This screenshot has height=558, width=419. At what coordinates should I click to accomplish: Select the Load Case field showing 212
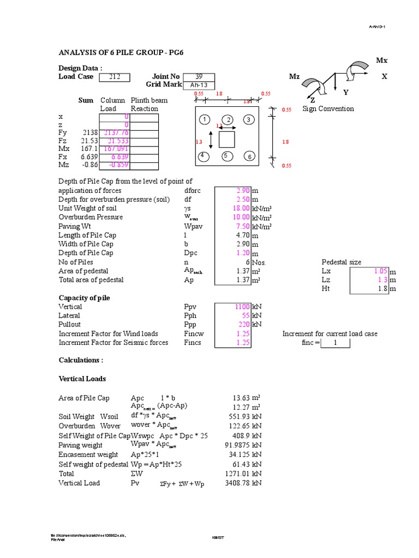(x=115, y=77)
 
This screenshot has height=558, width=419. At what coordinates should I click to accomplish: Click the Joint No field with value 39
(x=199, y=77)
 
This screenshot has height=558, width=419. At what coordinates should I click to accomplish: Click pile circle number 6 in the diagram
(x=249, y=156)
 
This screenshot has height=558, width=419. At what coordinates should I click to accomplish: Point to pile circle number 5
(x=226, y=156)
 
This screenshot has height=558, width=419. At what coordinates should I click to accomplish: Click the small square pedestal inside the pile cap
(x=226, y=139)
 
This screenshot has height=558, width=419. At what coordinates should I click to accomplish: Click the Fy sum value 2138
(x=89, y=132)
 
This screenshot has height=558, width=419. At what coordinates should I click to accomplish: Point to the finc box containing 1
(x=336, y=343)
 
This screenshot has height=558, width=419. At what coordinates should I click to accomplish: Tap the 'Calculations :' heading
(x=81, y=361)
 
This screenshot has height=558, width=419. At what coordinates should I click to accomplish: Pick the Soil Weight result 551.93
(x=240, y=417)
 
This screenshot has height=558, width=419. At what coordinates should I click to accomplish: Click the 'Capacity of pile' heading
(x=84, y=298)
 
